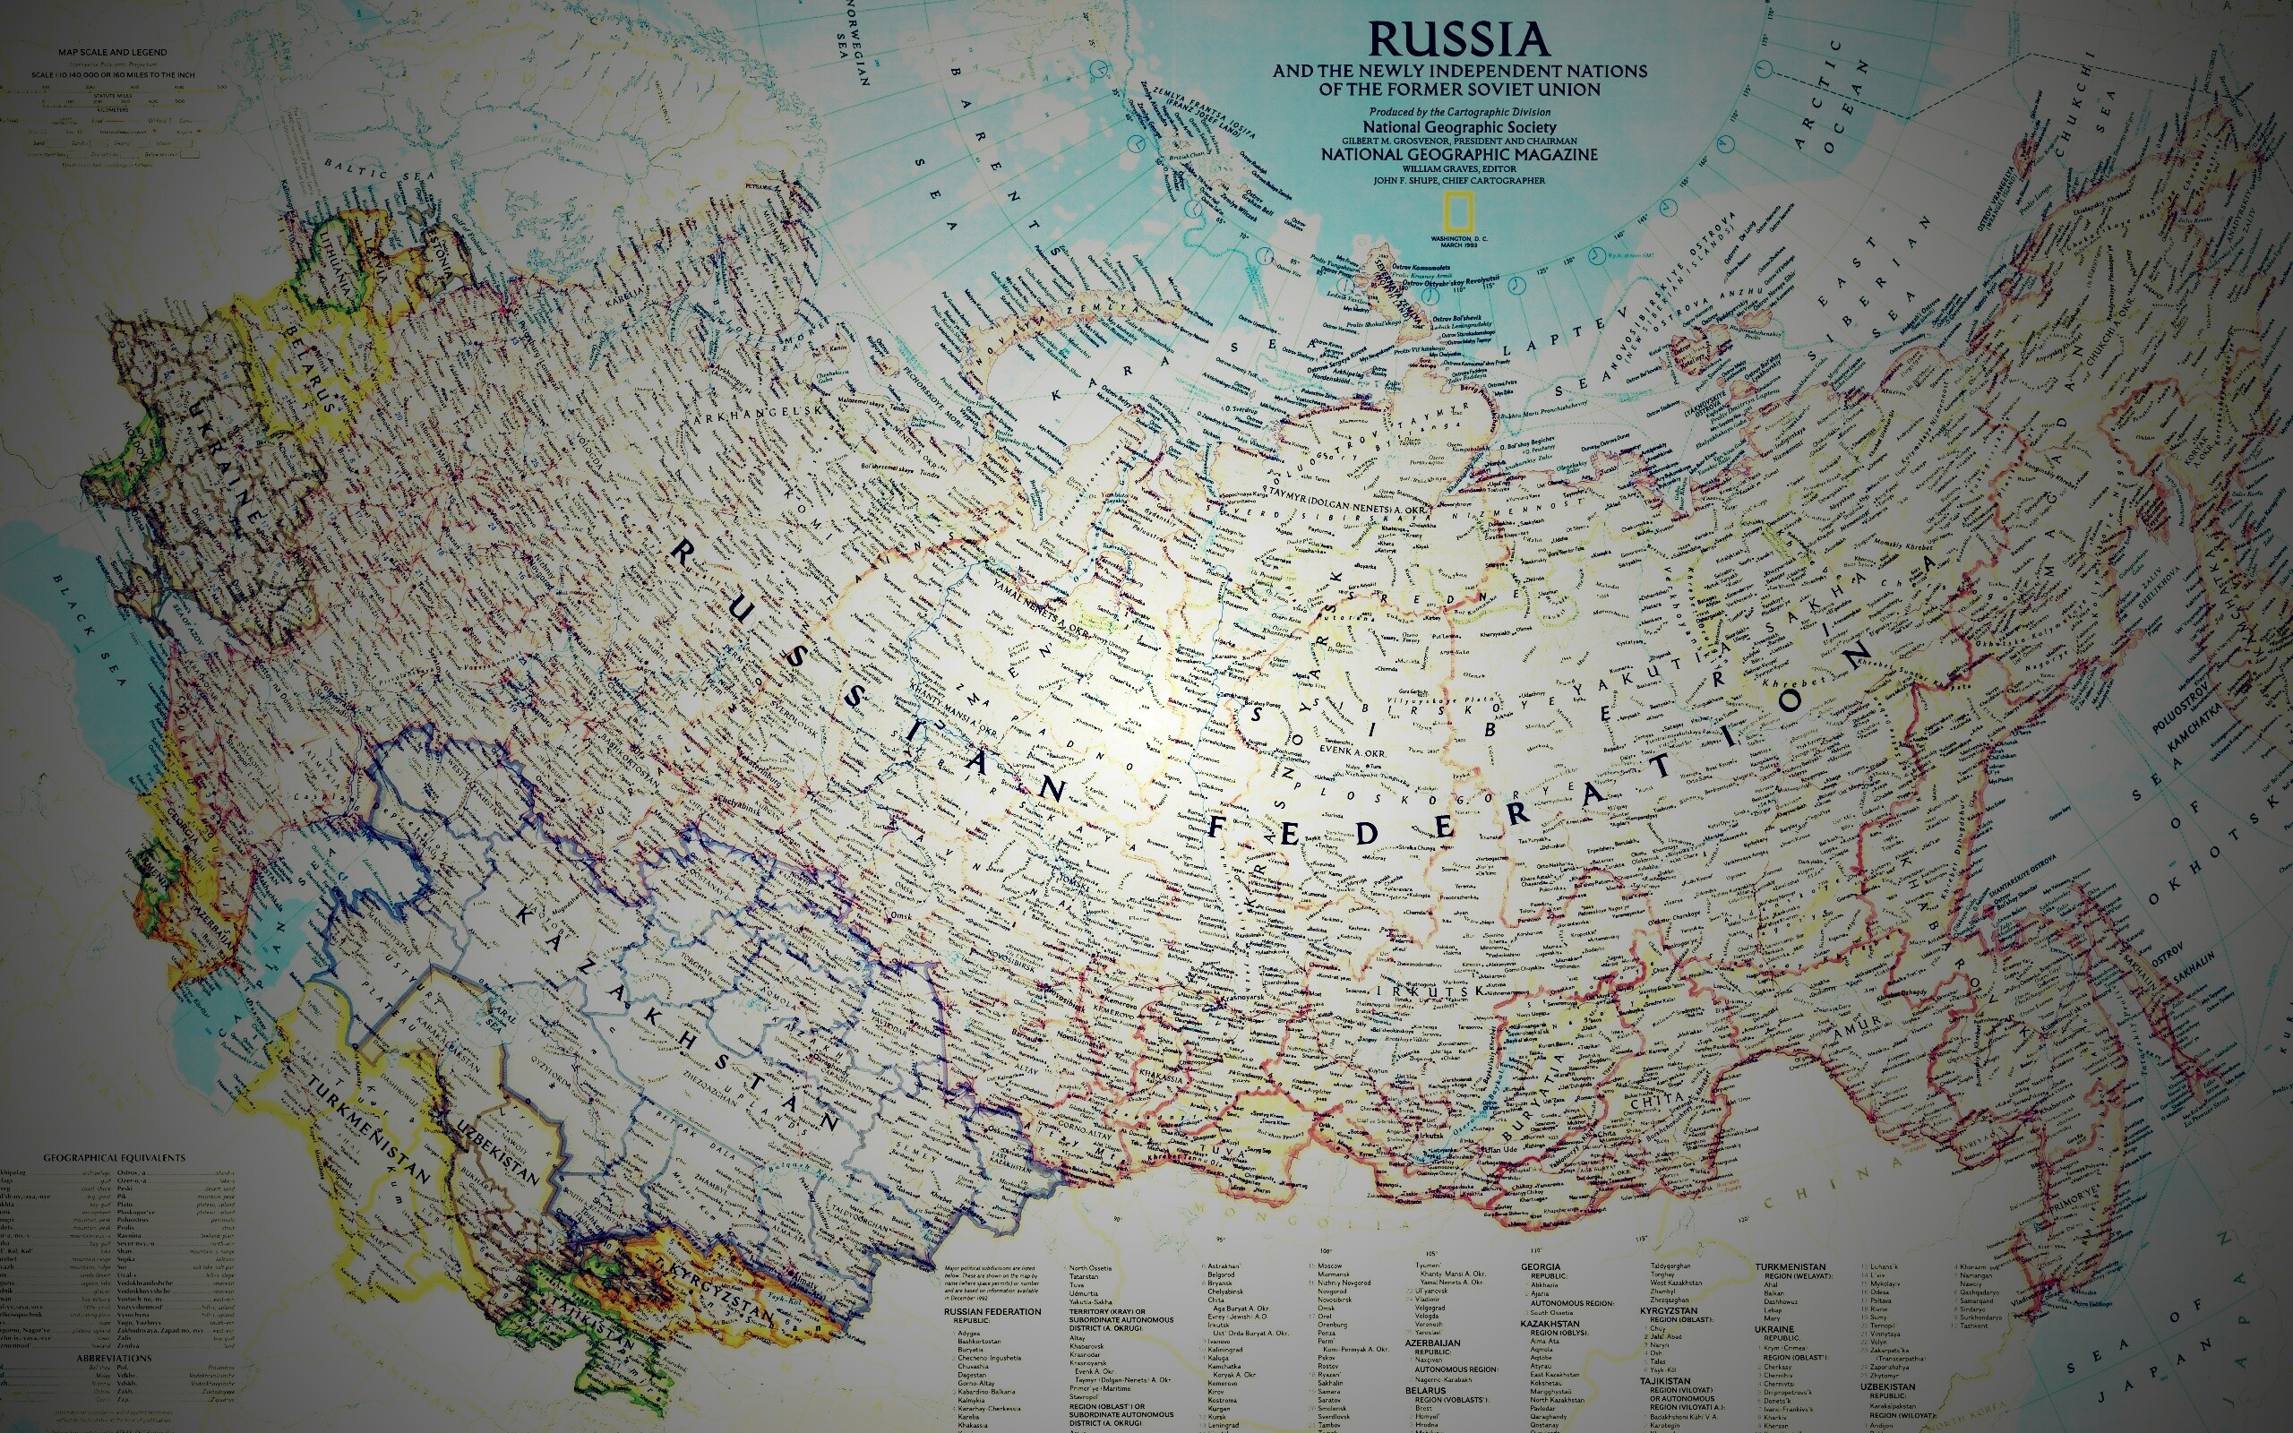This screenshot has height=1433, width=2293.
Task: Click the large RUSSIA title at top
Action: [x=1459, y=39]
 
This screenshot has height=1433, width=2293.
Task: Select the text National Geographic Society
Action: [x=1459, y=127]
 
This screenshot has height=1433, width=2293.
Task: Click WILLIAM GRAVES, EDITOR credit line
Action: [x=1459, y=168]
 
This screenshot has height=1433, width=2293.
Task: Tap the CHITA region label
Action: [x=1657, y=1101]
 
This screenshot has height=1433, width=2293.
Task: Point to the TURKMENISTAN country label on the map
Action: [x=370, y=1129]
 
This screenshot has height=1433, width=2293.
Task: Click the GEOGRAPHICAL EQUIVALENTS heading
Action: [x=114, y=1158]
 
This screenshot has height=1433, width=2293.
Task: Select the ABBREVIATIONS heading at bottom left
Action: [x=114, y=1358]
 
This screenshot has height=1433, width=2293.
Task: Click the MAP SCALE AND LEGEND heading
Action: [x=112, y=52]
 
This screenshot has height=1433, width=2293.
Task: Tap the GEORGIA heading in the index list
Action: [x=1541, y=1267]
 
